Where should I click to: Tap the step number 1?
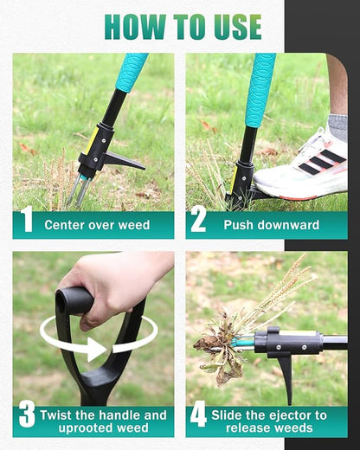(27, 222)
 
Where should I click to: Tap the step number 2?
(199, 222)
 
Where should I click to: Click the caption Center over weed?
(97, 225)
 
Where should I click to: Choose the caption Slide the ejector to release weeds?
(271, 421)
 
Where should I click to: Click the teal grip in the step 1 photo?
(132, 72)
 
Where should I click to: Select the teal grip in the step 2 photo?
(260, 87)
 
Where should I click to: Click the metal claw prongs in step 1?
(80, 190)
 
